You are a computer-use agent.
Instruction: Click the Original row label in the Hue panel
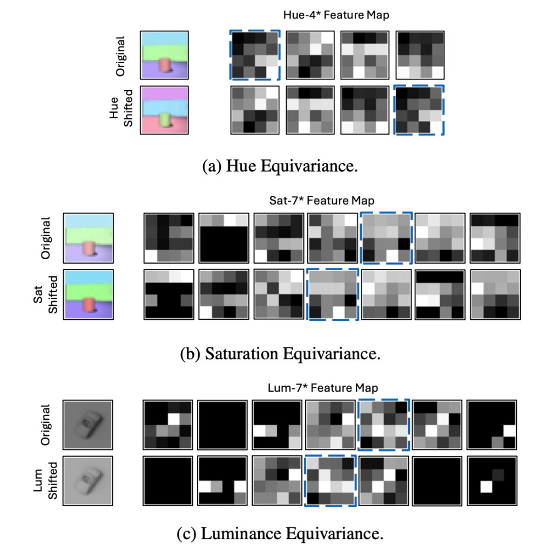[122, 55]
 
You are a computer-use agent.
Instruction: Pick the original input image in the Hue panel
[164, 55]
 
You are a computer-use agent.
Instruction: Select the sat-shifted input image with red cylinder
[87, 294]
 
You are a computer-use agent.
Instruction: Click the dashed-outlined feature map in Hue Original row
[255, 55]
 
